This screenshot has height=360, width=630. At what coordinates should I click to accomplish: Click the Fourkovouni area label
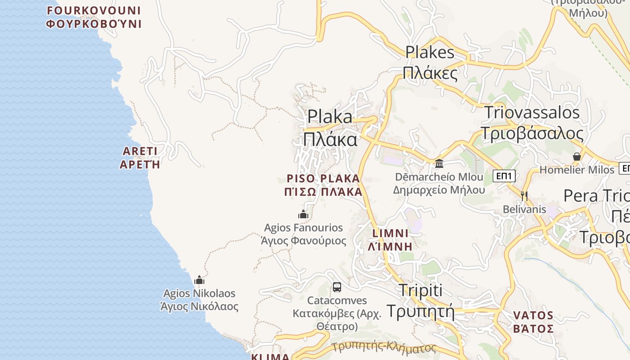(94, 17)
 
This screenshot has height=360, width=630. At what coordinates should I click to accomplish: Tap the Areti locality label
(140, 157)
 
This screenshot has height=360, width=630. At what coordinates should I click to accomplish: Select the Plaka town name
(330, 128)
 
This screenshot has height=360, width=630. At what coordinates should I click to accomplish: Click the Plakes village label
(430, 62)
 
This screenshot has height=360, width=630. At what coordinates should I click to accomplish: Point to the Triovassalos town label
(531, 123)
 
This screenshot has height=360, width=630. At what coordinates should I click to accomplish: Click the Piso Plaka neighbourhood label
(323, 185)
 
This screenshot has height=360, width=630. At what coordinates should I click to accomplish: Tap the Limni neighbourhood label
(391, 240)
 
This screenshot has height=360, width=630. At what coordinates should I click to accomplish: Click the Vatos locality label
(533, 322)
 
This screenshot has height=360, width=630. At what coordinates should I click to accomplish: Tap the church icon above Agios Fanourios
(303, 214)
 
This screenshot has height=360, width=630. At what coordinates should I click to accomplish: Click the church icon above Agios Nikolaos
(199, 280)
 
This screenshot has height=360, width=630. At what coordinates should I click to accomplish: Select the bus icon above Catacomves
(337, 287)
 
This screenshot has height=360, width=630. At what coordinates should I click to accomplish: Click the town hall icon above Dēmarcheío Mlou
(439, 163)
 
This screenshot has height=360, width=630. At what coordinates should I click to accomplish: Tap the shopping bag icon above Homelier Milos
(576, 157)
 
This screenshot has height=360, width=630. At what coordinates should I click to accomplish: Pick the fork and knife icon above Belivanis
(524, 196)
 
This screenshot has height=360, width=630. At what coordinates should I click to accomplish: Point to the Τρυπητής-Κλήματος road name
(384, 347)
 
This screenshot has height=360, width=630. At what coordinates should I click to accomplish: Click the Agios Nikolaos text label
(199, 300)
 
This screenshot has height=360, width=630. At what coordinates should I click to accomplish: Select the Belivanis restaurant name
(524, 209)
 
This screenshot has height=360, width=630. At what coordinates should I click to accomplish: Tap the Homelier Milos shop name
(576, 170)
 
